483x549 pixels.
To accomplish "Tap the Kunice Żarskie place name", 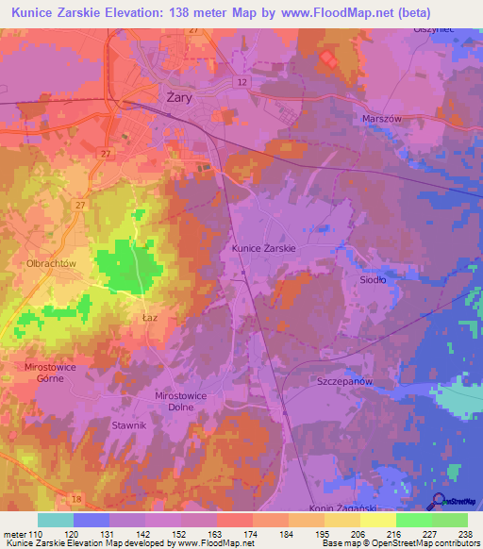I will point(264,248).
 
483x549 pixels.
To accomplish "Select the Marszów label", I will point(382,119).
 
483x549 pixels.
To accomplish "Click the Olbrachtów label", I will point(51,264).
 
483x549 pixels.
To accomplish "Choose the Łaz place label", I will point(150,319).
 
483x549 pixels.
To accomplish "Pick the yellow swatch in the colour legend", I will point(377,520).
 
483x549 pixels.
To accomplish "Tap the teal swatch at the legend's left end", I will point(55,520).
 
